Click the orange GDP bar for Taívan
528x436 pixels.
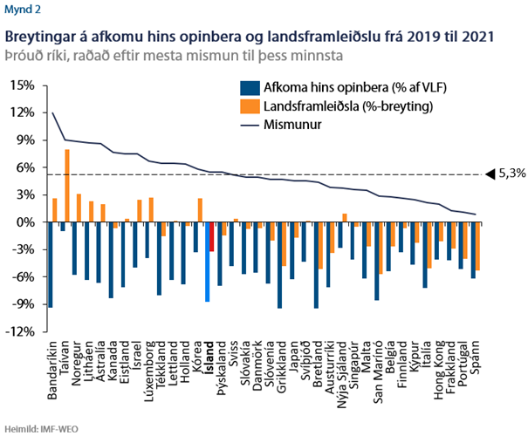click(x=67, y=186)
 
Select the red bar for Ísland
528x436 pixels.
click(x=211, y=237)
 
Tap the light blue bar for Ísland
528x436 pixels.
click(x=207, y=262)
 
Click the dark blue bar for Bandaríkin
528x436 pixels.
click(x=50, y=265)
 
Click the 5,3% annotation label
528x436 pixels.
click(x=511, y=174)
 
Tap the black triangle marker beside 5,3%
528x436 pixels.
click(x=490, y=174)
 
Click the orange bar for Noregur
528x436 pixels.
click(x=79, y=208)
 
